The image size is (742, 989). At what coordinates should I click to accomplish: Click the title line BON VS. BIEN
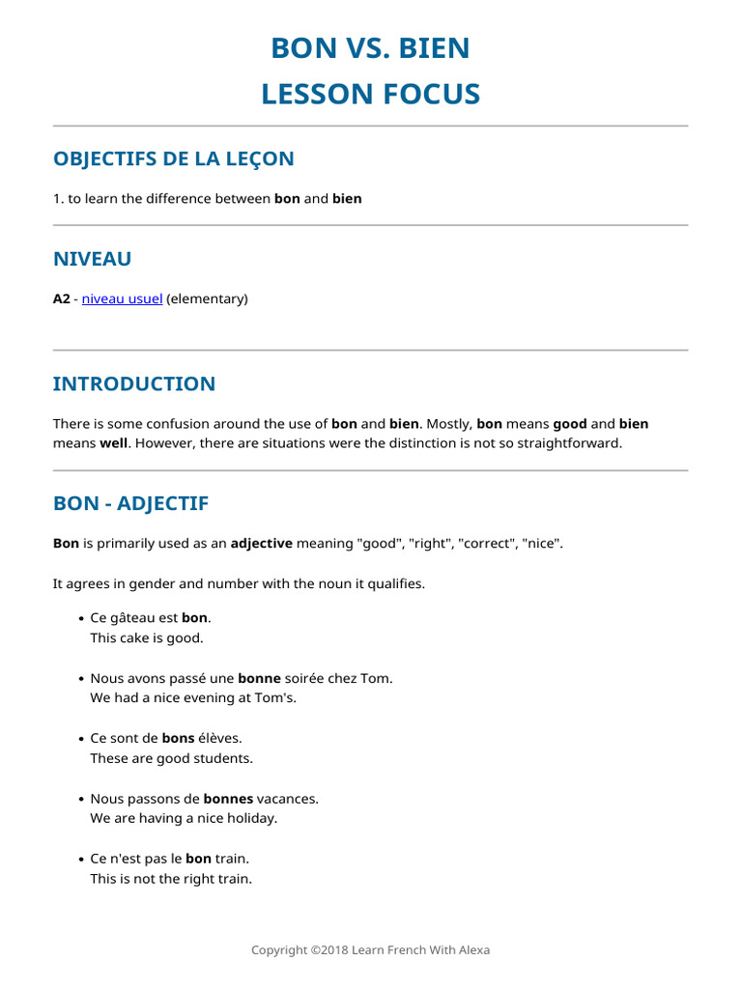(370, 47)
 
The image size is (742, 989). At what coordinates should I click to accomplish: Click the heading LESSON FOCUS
(370, 94)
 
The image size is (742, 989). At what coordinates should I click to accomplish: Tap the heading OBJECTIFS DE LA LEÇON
(174, 158)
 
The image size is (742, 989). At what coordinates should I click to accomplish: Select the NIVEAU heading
(92, 259)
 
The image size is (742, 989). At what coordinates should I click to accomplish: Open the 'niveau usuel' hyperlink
(122, 299)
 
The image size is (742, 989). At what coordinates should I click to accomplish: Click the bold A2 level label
(62, 299)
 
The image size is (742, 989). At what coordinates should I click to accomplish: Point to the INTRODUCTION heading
(134, 383)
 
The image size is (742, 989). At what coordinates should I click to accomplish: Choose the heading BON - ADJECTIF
(130, 503)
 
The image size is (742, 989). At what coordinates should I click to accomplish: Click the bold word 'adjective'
(261, 544)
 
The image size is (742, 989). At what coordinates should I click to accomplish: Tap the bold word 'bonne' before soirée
(258, 679)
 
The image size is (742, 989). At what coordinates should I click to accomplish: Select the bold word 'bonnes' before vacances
(228, 799)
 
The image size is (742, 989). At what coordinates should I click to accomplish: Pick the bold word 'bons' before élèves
(178, 739)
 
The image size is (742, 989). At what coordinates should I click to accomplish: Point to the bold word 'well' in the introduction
(114, 443)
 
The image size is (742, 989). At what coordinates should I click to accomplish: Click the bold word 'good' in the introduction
(570, 424)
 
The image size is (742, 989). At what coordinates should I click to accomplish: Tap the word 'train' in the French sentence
(232, 859)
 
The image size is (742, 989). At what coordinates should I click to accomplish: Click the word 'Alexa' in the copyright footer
(472, 950)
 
